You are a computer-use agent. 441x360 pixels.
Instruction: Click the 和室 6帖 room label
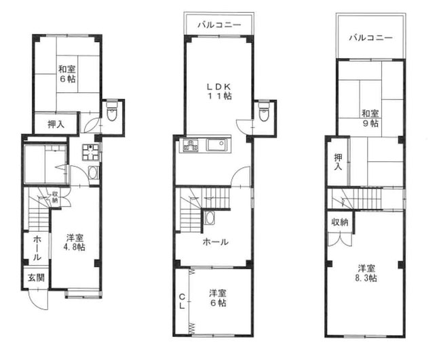coord(66,74)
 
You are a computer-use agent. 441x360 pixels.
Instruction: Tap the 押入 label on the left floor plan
coord(56,124)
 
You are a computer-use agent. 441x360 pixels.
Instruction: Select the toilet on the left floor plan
coord(112,111)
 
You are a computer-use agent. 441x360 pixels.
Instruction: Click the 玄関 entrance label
coord(36,278)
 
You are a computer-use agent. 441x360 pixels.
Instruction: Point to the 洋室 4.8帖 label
coord(74,243)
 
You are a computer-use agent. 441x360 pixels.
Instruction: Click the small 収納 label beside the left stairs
coord(56,197)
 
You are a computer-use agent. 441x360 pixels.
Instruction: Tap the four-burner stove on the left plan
coord(90,152)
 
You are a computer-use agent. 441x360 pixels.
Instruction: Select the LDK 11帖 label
coord(219,91)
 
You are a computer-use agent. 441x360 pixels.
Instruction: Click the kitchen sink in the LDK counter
coord(216,145)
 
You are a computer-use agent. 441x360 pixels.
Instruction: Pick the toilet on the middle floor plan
coord(263,111)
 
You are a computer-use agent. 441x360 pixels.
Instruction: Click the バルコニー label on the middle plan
coord(219,24)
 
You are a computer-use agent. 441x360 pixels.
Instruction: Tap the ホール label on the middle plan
coord(216,241)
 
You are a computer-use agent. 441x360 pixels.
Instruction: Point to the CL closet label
coord(182,301)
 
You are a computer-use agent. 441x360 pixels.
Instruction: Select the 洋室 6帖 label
coord(217,298)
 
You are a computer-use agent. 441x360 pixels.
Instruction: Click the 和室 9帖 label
coord(370,119)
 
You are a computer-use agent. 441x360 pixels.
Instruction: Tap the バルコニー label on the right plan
coord(370,38)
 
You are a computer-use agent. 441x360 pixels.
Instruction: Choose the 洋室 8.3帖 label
coord(366,273)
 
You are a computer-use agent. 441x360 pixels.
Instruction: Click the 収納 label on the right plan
coord(340,222)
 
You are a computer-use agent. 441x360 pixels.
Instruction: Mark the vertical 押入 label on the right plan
coord(338,162)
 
